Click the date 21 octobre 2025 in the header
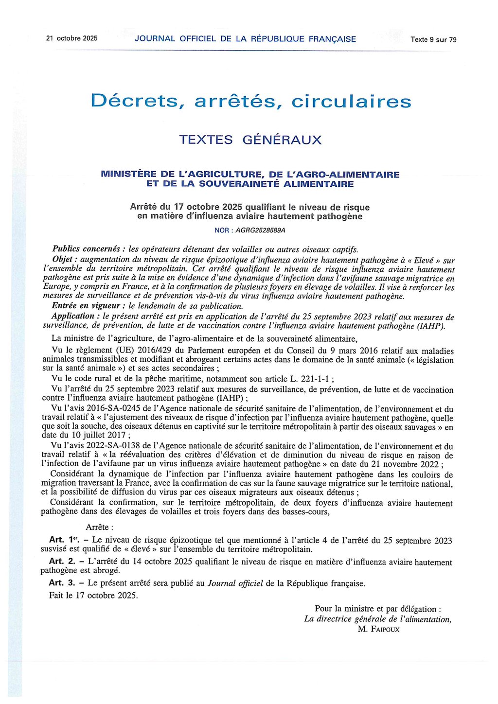[71, 38]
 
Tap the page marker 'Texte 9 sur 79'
[433, 40]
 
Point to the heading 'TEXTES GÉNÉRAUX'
[250, 140]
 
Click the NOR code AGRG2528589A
[264, 230]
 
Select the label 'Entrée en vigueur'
[86, 306]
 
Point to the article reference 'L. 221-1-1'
[311, 379]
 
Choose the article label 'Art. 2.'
[62, 562]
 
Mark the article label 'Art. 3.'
[62, 583]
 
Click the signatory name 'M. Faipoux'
[378, 629]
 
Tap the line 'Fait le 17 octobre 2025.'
[93, 595]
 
